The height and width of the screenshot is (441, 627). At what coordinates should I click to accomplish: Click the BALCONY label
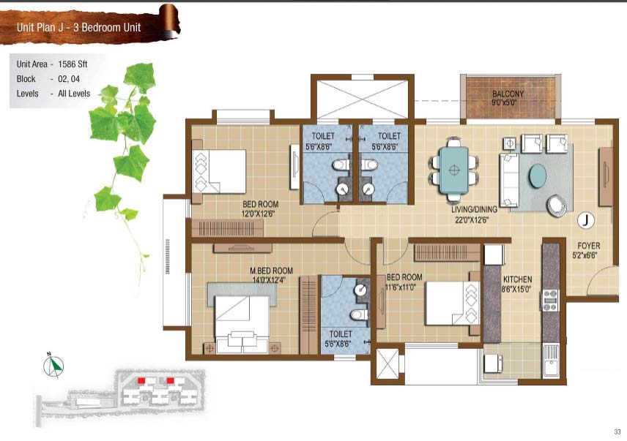[x=508, y=94]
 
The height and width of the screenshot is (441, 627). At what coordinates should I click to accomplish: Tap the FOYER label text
[x=589, y=246]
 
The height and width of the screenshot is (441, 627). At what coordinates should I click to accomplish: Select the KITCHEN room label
[x=517, y=279]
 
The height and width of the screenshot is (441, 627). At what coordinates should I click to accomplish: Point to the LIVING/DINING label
[x=474, y=209]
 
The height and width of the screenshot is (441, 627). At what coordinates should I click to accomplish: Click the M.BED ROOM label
[x=272, y=271]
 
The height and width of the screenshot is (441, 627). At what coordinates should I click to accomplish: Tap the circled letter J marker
[x=586, y=220]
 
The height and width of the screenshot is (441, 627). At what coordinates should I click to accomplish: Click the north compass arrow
[x=53, y=365]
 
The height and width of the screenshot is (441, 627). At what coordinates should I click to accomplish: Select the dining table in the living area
[x=454, y=170]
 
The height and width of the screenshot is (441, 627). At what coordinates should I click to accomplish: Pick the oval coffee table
[x=538, y=176]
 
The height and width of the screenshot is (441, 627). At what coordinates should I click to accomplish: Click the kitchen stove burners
[x=550, y=300]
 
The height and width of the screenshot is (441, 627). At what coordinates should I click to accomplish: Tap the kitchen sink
[x=551, y=361]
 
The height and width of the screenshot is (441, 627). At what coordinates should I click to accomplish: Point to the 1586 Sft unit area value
[x=73, y=64]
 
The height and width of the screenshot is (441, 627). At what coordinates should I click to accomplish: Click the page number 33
[x=617, y=431]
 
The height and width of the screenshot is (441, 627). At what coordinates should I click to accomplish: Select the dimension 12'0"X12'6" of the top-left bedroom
[x=258, y=214]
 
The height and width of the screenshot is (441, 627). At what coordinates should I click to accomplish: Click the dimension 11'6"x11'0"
[x=401, y=287]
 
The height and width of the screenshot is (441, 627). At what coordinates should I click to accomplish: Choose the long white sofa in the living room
[x=509, y=180]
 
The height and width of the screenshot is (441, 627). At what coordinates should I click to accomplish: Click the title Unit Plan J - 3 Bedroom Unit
[x=79, y=27]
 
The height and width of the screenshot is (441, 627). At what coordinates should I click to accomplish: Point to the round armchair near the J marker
[x=557, y=206]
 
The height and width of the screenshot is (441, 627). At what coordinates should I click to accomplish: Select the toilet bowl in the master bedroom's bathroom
[x=358, y=314]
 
